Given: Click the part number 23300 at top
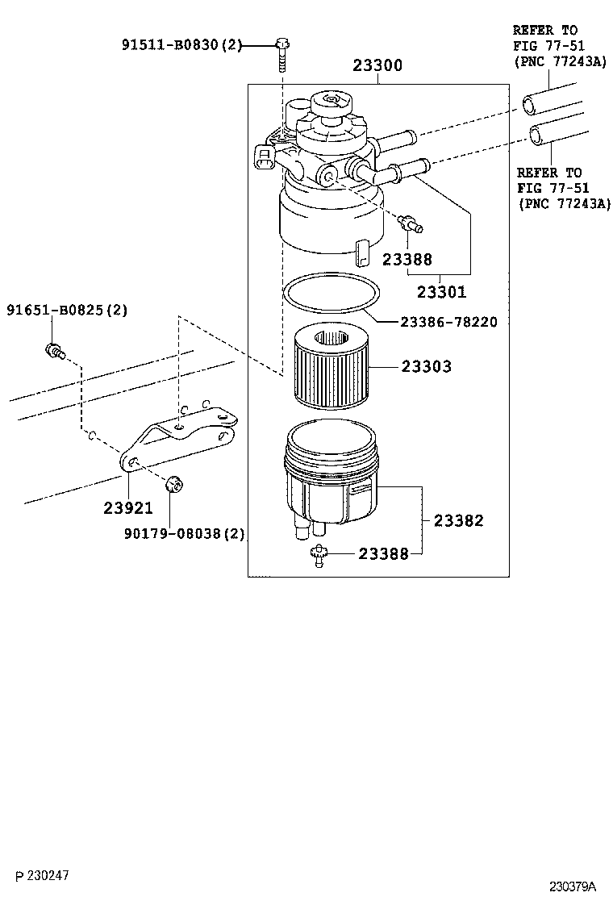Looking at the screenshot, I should pos(377,65).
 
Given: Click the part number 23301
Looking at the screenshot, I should pos(441,292).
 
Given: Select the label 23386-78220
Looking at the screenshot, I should pos(449,321).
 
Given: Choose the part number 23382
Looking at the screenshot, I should pos(458,520).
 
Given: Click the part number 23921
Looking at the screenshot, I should pos(127,508).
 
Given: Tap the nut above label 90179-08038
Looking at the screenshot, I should pos(171,485).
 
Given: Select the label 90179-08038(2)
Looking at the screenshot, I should pos(185,533).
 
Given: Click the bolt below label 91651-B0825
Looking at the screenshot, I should pos(54,351).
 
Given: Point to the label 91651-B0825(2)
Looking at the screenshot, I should pos(67,310).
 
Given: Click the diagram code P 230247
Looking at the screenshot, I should pos(39,874).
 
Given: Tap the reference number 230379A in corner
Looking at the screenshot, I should pos(573,886).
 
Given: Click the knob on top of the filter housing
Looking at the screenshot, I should pos(331,103).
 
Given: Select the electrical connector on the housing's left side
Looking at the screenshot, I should pos(264,157).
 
